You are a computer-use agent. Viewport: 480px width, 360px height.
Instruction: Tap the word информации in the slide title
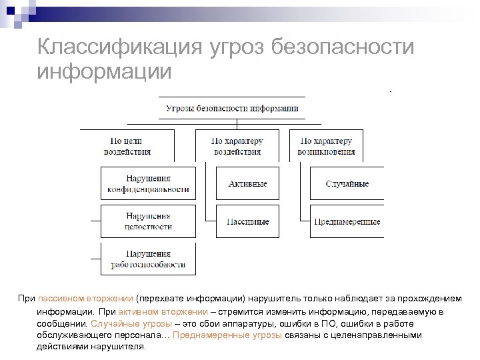[105, 70]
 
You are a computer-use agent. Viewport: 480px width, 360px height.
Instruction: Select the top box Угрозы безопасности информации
[232, 108]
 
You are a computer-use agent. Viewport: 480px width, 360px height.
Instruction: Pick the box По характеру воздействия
[237, 146]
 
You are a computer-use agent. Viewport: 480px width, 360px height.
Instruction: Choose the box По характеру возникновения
[326, 146]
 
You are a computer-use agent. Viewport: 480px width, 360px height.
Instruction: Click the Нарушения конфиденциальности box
[148, 184]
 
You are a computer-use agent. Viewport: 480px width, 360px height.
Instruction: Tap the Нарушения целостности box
[148, 221]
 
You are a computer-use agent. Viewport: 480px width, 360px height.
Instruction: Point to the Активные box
[247, 184]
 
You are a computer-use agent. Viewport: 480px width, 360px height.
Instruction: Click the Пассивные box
[247, 221]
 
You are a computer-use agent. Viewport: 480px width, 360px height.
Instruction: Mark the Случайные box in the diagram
[347, 184]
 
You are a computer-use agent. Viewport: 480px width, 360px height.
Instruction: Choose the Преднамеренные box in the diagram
[347, 221]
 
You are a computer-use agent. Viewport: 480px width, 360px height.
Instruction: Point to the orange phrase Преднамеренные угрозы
[227, 335]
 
